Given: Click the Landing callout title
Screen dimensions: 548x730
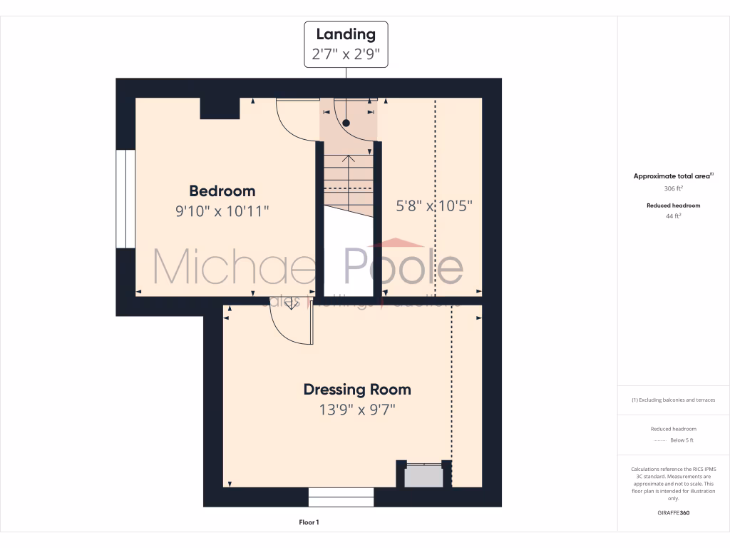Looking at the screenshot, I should (x=346, y=34).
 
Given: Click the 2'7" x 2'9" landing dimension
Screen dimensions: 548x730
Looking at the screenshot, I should (x=346, y=54).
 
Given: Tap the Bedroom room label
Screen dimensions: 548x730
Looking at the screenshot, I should (x=222, y=191).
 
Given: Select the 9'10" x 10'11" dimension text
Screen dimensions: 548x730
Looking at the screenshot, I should (x=222, y=211).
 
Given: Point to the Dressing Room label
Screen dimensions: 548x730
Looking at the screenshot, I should (x=357, y=390).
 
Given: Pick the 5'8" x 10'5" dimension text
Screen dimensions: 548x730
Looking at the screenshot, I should (x=434, y=206).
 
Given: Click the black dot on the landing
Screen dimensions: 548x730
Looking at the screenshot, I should (x=346, y=123).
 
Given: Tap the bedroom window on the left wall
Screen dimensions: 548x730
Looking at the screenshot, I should (x=125, y=199).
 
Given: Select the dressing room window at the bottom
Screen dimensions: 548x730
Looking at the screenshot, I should (x=341, y=497).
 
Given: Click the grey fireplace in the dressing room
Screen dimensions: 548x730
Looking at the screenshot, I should (x=423, y=476).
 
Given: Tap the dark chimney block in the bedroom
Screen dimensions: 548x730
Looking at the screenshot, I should (x=220, y=108).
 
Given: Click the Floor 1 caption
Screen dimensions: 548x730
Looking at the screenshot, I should (x=309, y=523).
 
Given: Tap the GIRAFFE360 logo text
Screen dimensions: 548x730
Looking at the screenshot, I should (x=674, y=512).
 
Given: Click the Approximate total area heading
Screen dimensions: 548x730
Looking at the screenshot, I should (x=672, y=176).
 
